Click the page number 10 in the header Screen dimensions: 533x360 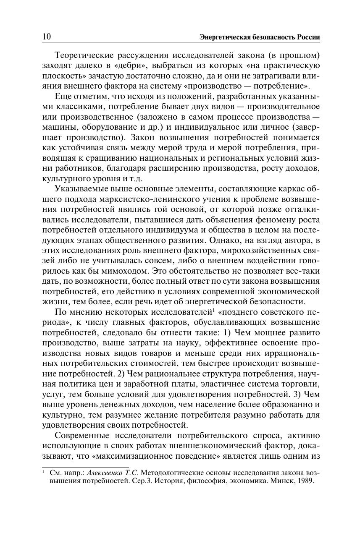pos(46,37)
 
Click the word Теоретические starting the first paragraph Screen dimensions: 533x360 pos(82,55)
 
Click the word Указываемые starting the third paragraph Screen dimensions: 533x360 pos(79,188)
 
